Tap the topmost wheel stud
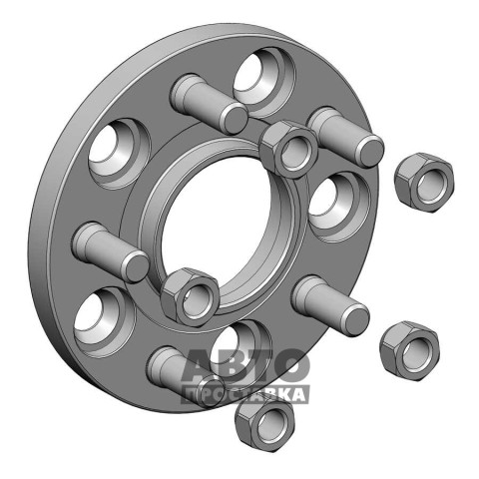[209, 104]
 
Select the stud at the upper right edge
[346, 137]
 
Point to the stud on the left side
[111, 252]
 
